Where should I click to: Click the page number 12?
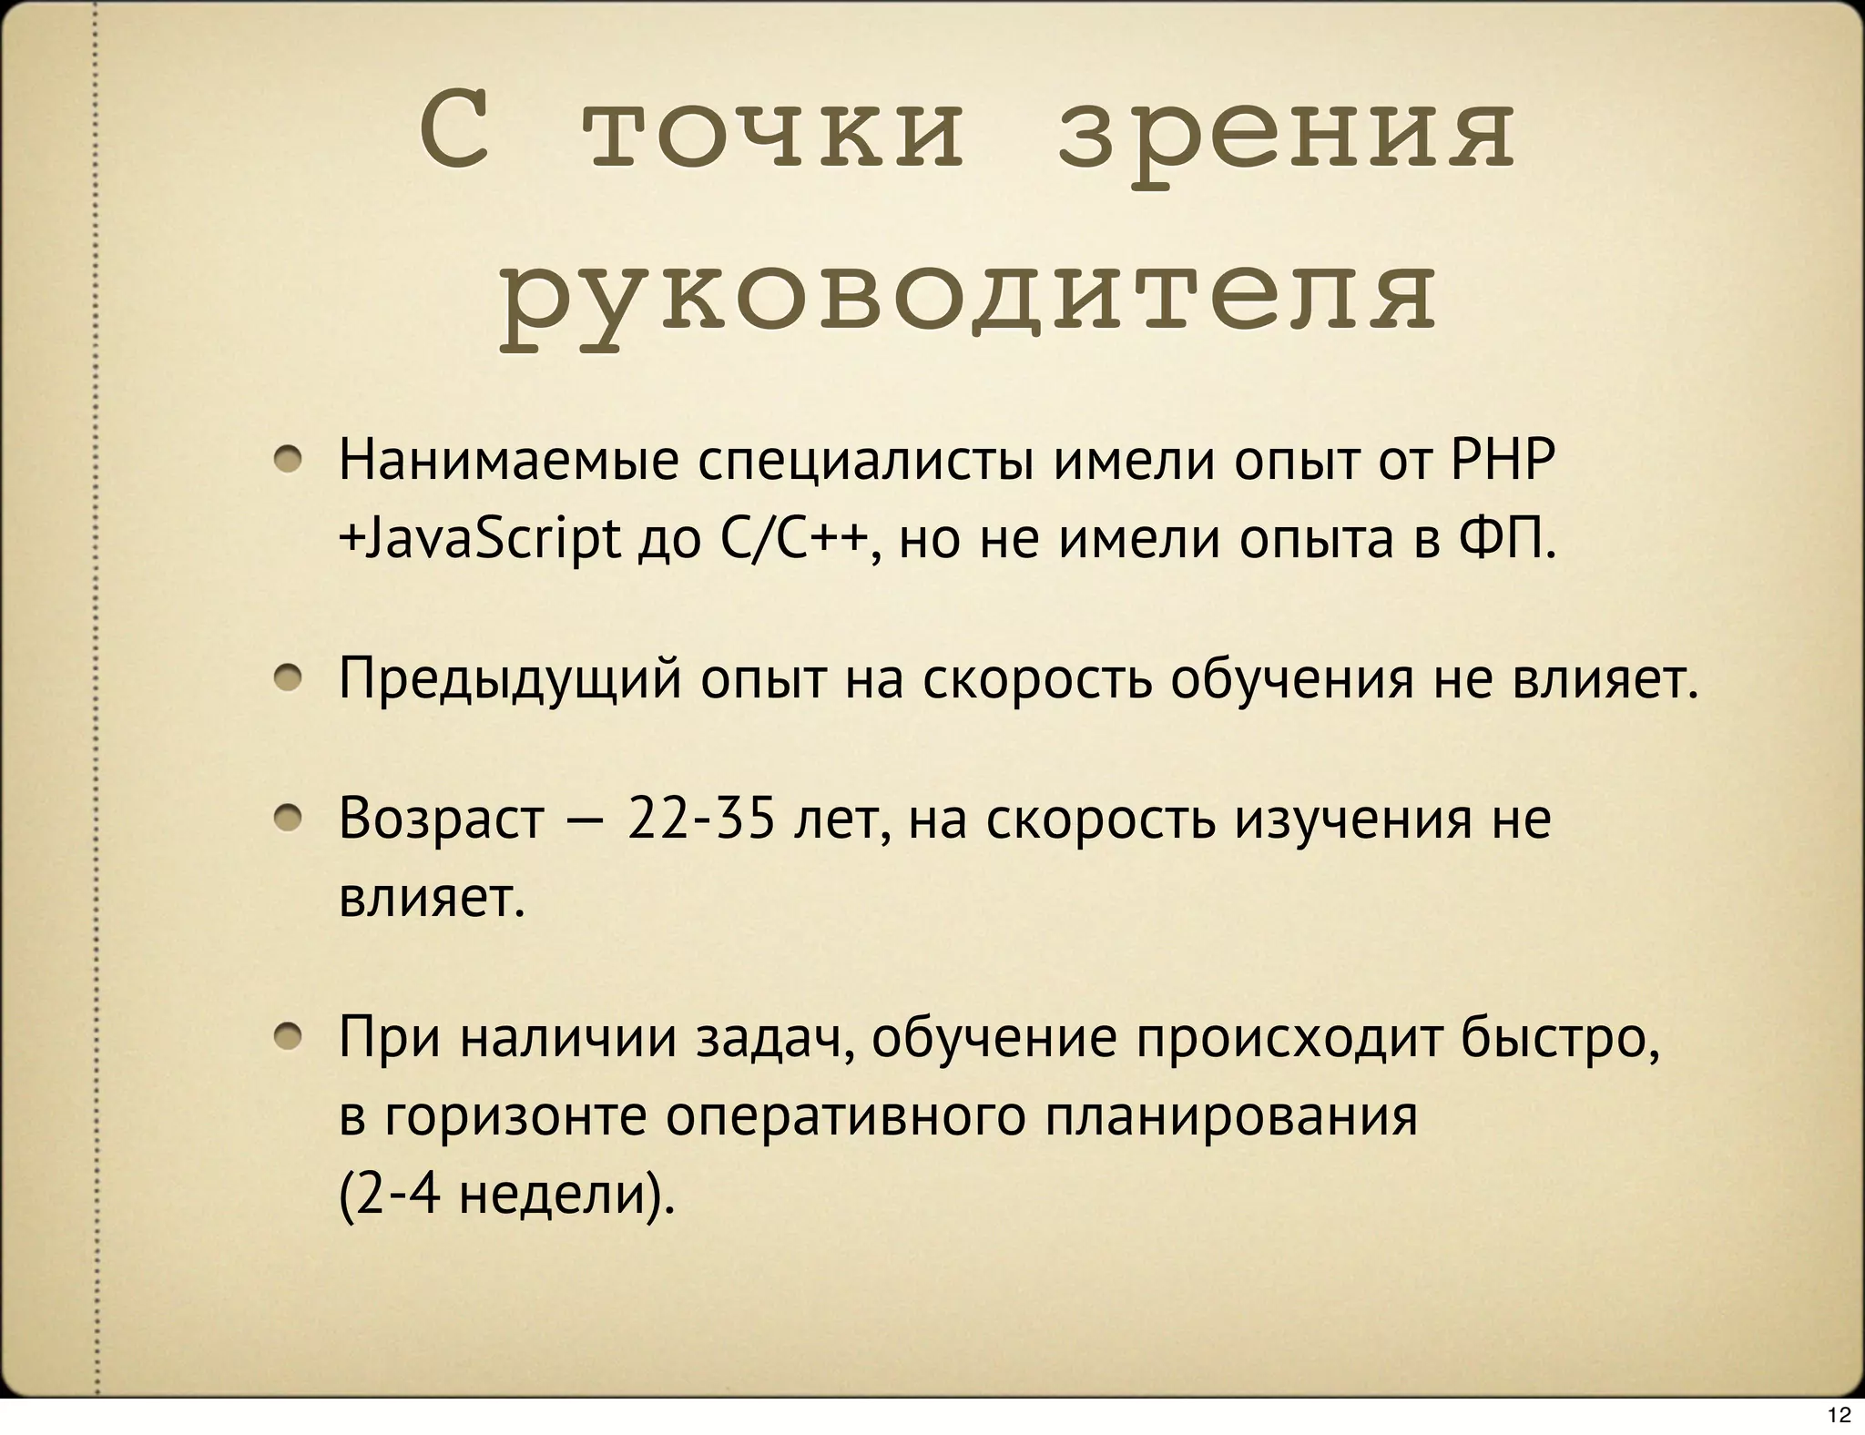(1839, 1415)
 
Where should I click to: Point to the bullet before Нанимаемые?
(290, 461)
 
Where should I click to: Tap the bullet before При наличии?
(290, 1037)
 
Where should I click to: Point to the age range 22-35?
(701, 819)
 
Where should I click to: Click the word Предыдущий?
(510, 680)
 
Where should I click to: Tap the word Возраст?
(441, 820)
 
